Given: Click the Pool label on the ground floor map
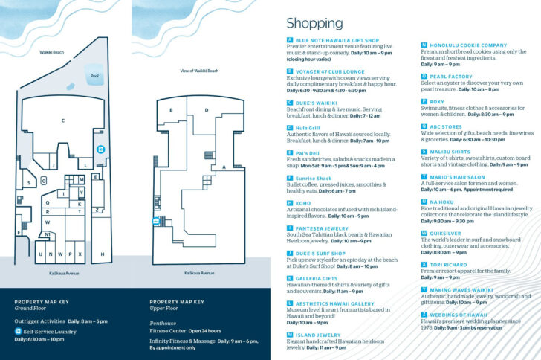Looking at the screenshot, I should coord(94,76).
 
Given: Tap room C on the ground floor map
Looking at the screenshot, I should coord(63,120).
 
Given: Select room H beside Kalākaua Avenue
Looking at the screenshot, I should coord(102,254).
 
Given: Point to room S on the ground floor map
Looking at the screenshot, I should coord(29,182).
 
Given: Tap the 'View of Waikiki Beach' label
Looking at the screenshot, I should coord(199,71).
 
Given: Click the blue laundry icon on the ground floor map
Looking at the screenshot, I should coord(101,149).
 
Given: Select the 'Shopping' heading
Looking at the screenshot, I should coord(314,24).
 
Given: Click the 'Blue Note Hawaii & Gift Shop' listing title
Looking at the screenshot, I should coord(337,40).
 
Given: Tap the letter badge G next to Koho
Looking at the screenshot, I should coord(290,203).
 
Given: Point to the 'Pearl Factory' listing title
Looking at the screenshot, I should coord(450,76).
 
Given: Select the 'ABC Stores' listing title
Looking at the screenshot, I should coord(446,126).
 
